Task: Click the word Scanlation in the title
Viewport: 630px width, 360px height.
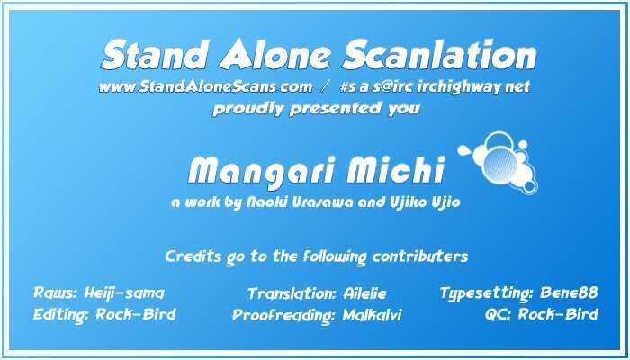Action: (439, 55)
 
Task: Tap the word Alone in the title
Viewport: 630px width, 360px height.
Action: (274, 55)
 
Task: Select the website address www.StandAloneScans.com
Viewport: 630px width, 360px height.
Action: (205, 86)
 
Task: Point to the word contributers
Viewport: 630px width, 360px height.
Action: (420, 256)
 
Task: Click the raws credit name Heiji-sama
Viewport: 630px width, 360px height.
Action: (124, 293)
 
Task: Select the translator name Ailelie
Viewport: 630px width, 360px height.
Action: (364, 293)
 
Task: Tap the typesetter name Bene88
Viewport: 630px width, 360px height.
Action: (569, 292)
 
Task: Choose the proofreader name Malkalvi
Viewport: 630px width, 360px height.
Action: (372, 315)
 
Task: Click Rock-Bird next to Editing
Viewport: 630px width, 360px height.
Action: (136, 314)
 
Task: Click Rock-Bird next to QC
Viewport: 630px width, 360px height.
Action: (559, 314)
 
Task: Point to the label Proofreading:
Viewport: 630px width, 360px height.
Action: (283, 316)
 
